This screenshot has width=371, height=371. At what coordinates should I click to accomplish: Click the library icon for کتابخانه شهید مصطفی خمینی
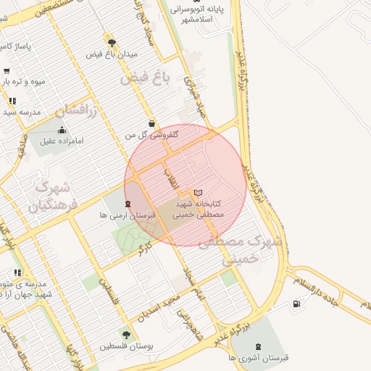(199, 193)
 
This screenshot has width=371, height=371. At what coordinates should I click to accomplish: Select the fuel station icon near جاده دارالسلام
(297, 304)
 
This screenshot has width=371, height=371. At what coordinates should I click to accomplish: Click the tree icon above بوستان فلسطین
(127, 335)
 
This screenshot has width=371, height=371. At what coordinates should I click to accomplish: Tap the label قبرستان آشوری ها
(258, 358)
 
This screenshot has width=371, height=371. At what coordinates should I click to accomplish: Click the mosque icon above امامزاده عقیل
(62, 129)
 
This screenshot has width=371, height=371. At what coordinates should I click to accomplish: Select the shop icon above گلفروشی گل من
(151, 124)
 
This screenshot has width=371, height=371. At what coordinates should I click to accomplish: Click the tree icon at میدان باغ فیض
(112, 43)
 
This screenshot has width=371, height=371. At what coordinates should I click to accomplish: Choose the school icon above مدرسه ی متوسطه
(17, 272)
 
